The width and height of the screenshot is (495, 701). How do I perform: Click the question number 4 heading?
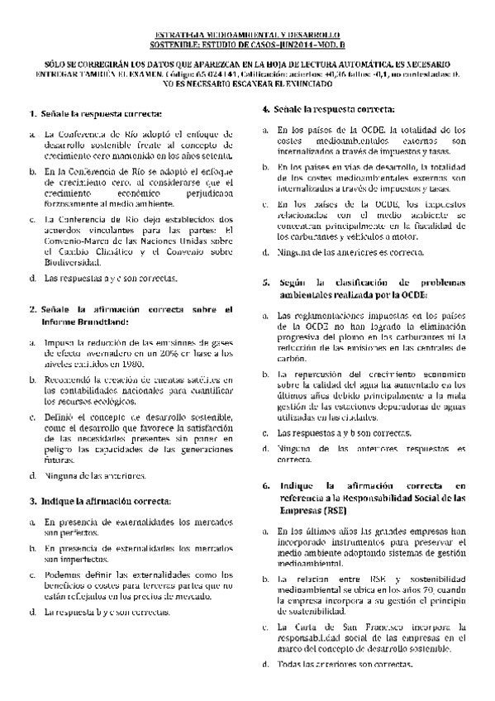[266, 108]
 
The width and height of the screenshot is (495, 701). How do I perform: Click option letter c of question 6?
[265, 627]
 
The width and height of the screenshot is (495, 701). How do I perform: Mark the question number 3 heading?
[33, 501]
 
